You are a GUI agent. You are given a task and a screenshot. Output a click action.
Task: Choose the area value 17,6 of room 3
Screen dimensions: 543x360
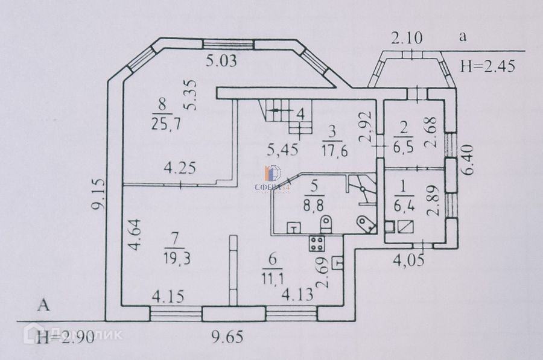click(331, 151)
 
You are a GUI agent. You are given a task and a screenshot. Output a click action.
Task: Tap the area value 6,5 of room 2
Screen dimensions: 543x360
click(401, 147)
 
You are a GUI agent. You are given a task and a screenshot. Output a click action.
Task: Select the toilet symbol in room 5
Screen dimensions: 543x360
click(326, 226)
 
